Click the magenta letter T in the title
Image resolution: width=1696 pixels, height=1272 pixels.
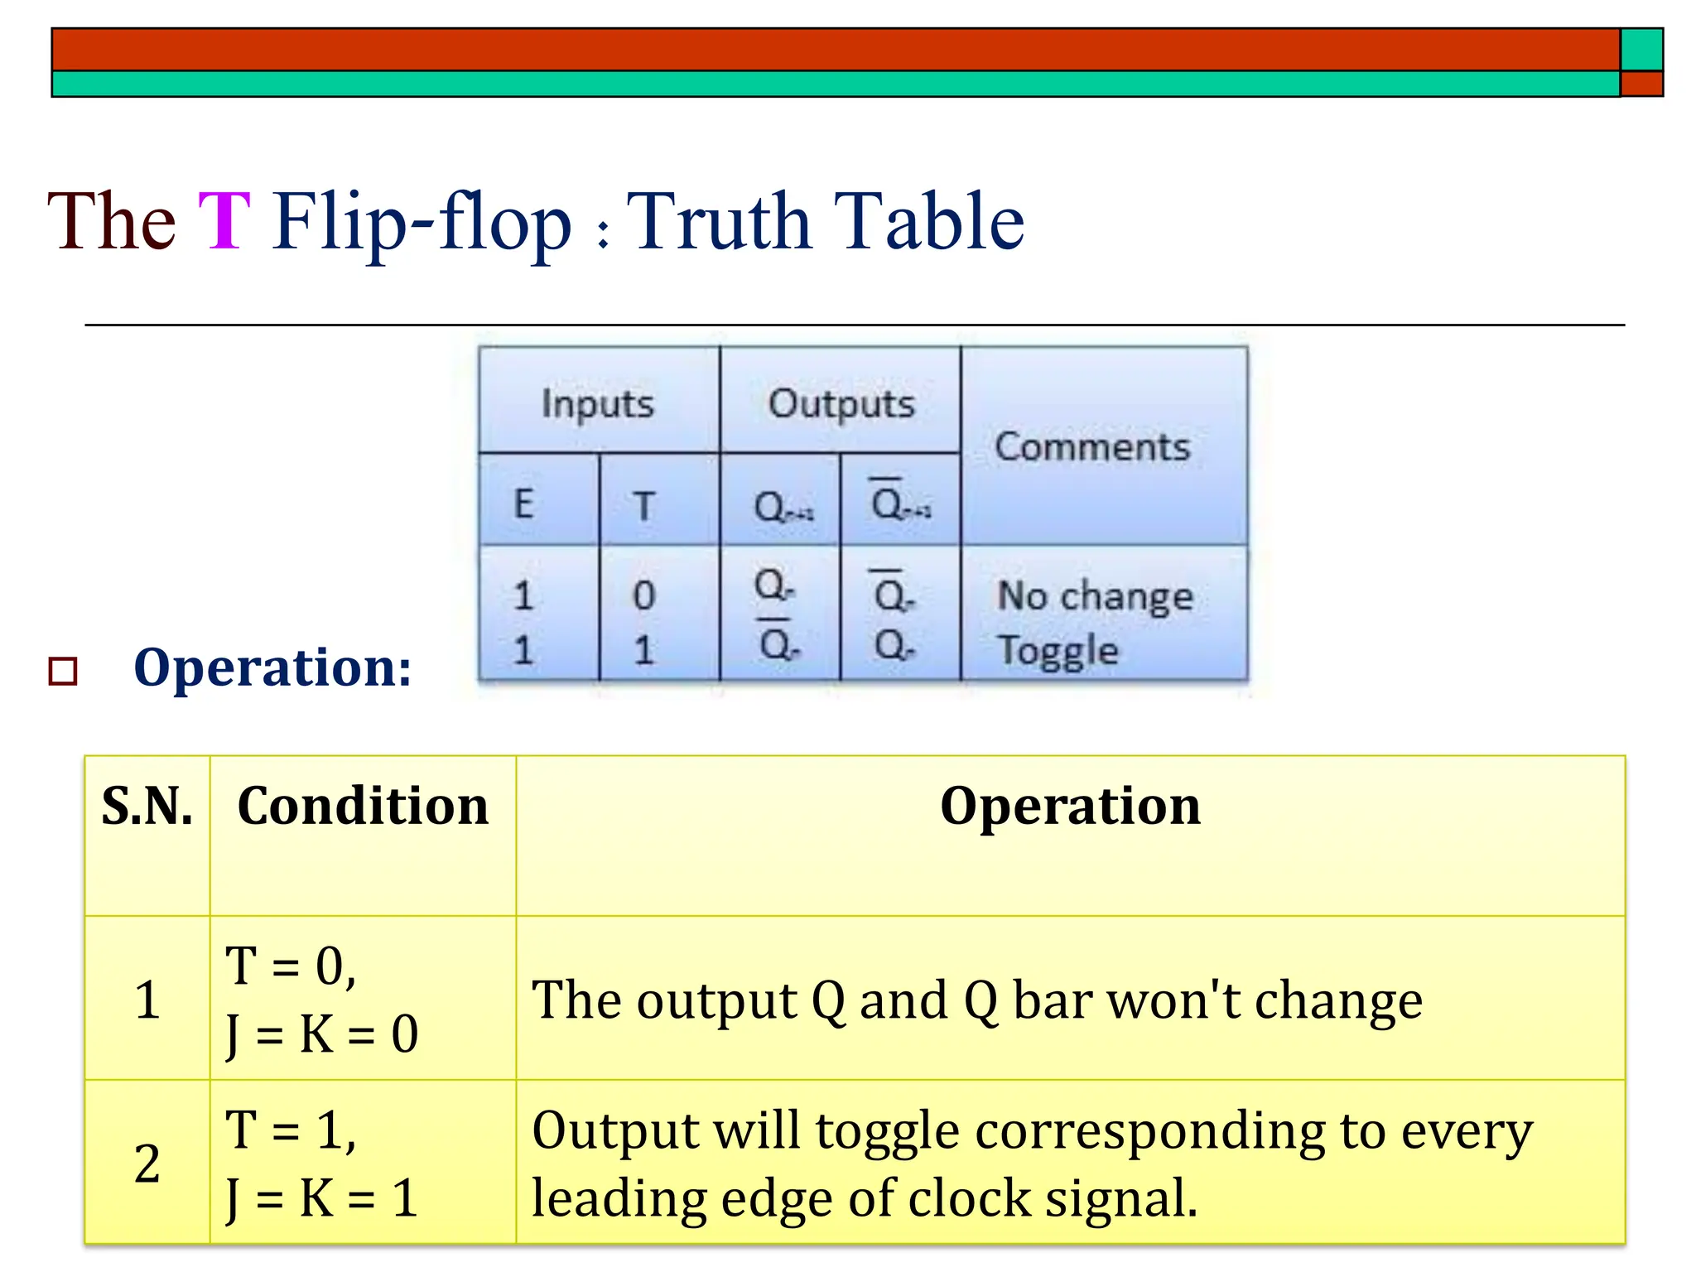[224, 221]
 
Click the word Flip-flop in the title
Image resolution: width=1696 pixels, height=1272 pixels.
[422, 223]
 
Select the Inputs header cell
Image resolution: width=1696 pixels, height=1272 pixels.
[598, 404]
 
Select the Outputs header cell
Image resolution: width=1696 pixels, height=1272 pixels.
[841, 404]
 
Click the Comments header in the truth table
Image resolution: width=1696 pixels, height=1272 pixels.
[1092, 447]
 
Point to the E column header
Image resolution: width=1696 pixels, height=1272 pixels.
[524, 504]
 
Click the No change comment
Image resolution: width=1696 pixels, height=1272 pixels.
[1095, 596]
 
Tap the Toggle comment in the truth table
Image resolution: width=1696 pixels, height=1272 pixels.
[1058, 650]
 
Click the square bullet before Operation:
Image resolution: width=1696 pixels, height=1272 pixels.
[63, 671]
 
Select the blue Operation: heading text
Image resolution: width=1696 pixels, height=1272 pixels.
[272, 667]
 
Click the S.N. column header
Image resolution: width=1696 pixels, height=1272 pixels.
[147, 806]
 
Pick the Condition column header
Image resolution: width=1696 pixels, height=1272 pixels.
[363, 806]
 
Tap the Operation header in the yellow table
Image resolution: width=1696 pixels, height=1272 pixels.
[1070, 806]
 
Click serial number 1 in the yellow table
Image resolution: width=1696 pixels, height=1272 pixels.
[147, 1000]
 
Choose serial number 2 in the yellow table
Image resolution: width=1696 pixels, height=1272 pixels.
[147, 1164]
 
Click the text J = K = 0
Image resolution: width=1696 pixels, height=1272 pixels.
[323, 1034]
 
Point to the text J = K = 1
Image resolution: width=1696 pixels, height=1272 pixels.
[323, 1198]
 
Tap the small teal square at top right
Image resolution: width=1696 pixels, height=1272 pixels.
[1641, 50]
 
